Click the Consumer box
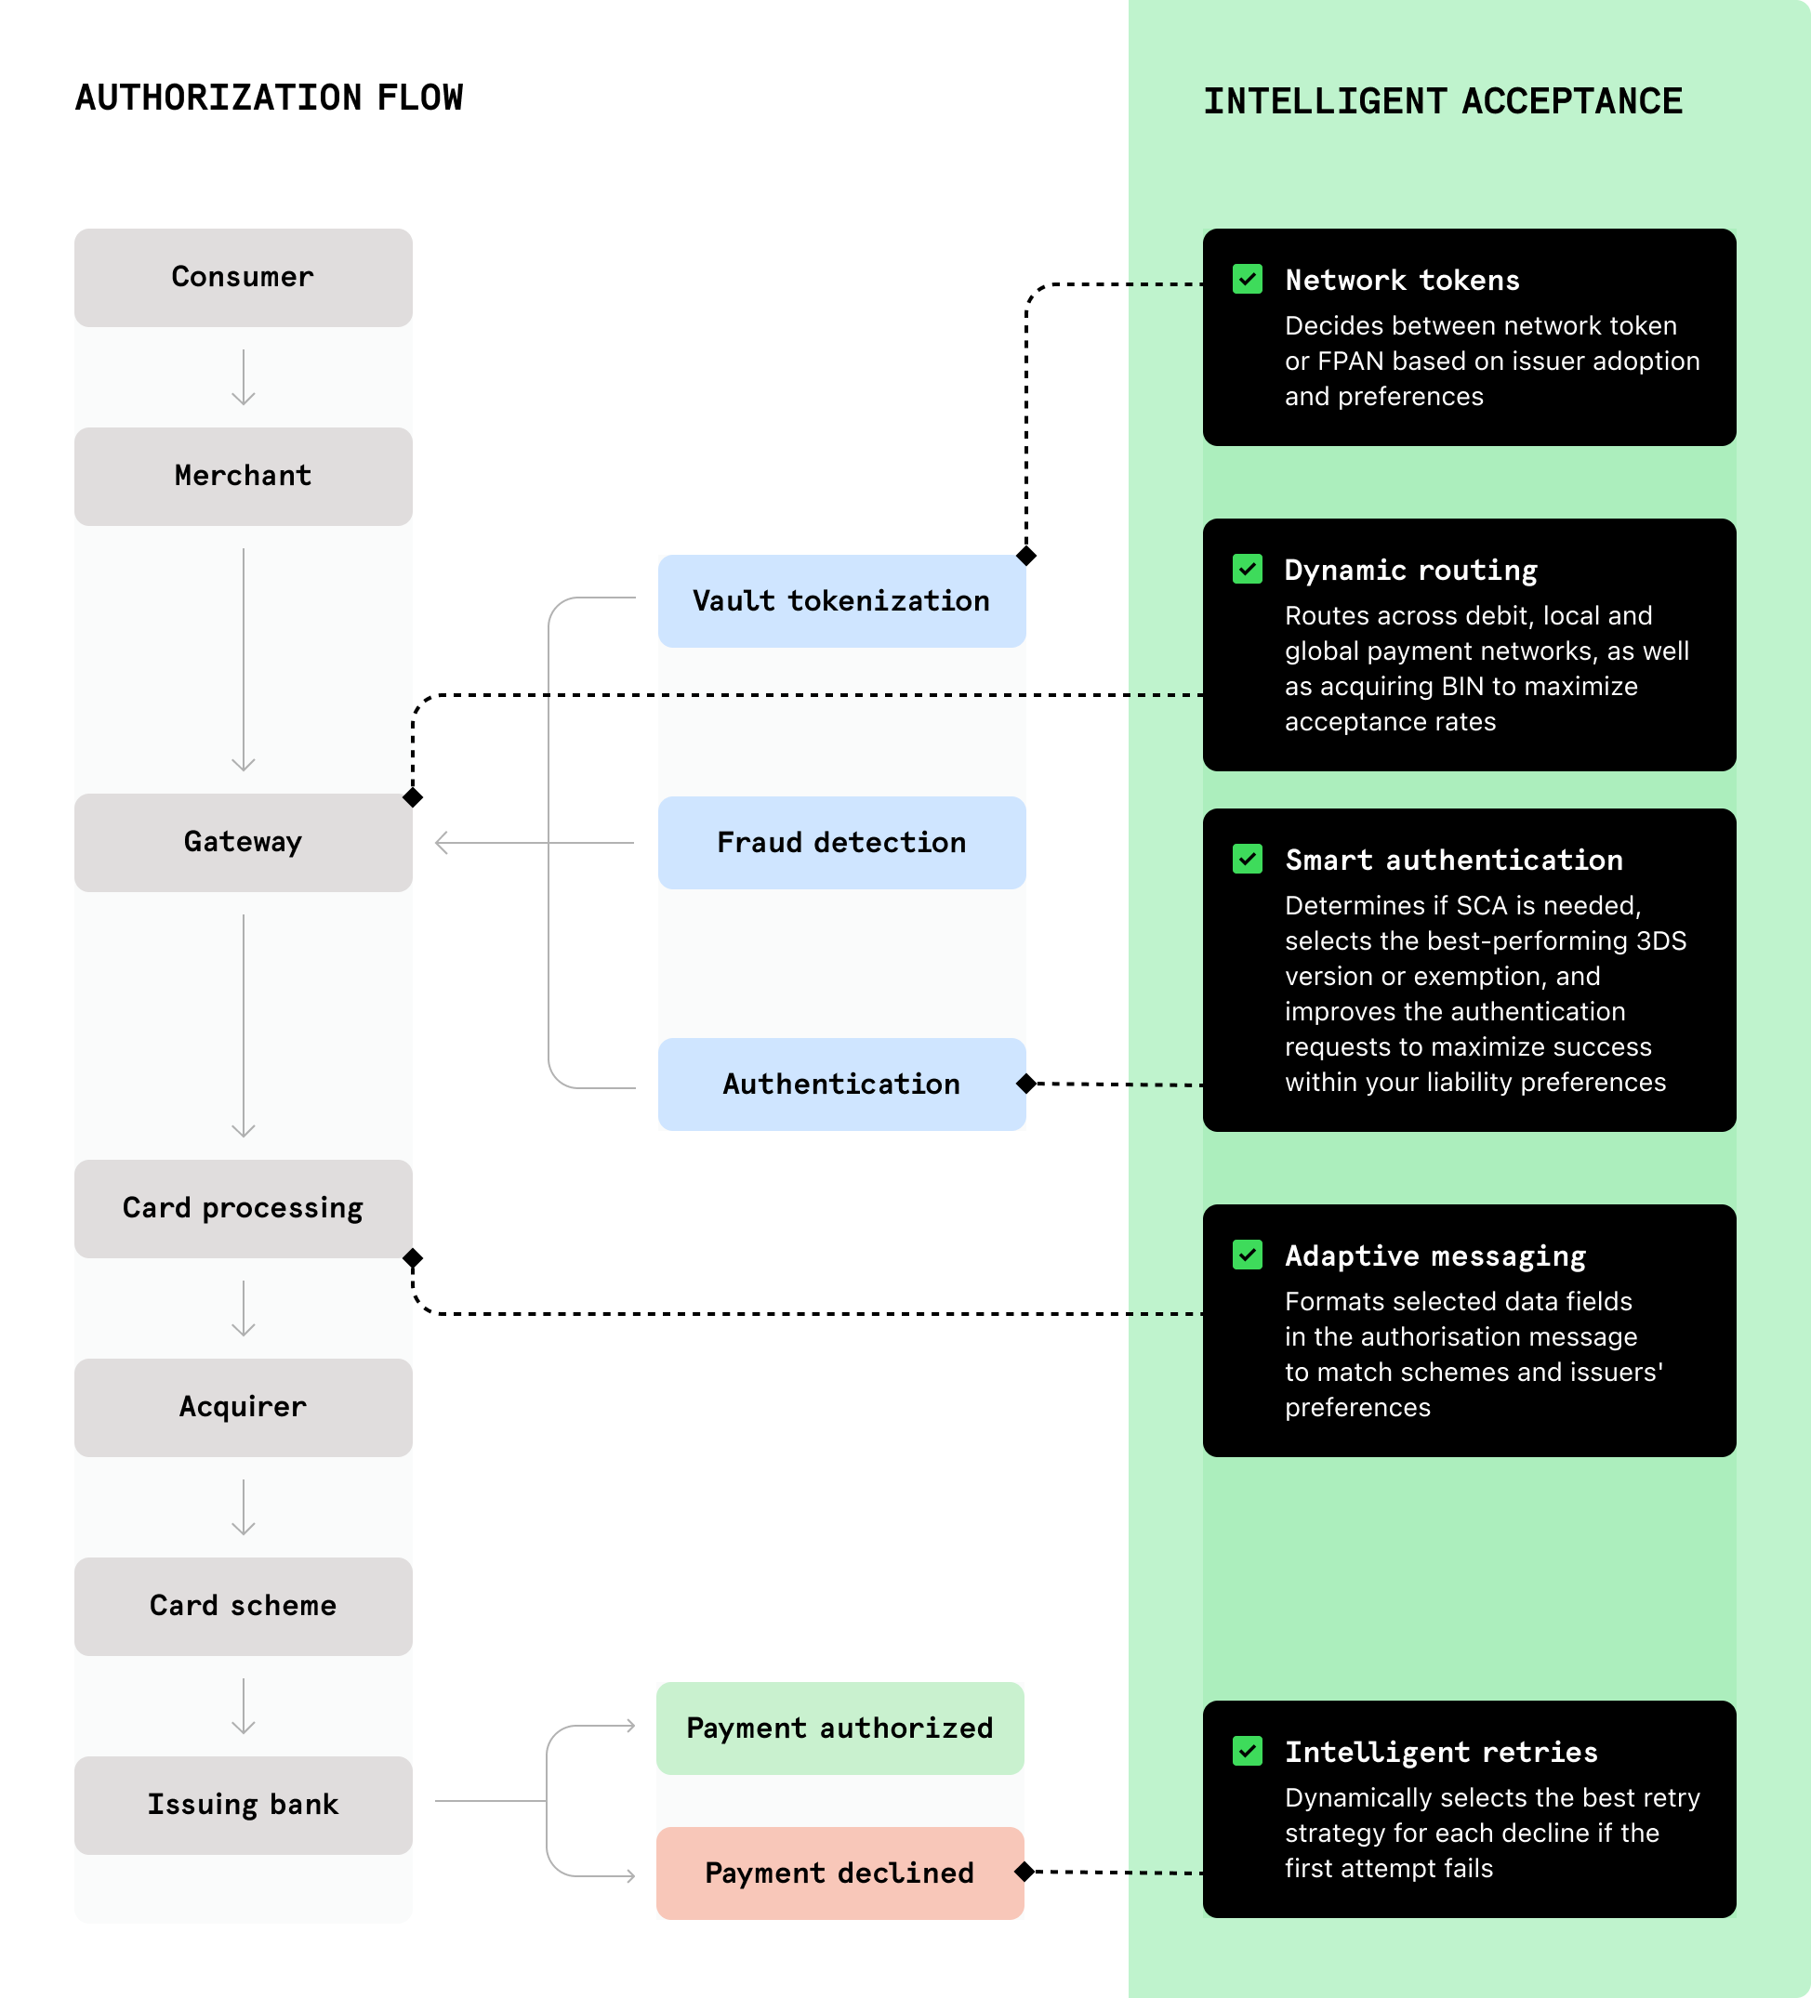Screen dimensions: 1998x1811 coord(243,278)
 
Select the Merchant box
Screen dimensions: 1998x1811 coord(243,477)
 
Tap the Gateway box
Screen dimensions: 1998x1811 coord(243,842)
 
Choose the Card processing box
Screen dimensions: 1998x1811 coord(243,1208)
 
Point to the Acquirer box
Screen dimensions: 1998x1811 coord(243,1407)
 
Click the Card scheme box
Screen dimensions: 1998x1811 coord(243,1606)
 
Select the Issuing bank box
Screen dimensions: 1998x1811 coord(243,1805)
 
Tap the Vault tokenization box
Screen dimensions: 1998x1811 coord(841,601)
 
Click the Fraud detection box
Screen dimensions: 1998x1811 coord(841,842)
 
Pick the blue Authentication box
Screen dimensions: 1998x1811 coord(841,1084)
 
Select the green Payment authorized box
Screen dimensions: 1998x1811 coord(839,1729)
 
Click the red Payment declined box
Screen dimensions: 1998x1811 coord(839,1873)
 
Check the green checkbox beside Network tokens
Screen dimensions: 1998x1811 coord(1247,280)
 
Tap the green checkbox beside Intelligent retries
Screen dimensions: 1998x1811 coord(1247,1751)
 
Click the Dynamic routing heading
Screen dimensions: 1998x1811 coord(1410,570)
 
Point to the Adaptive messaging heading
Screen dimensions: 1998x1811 coord(1435,1255)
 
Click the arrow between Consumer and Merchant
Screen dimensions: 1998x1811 coord(243,377)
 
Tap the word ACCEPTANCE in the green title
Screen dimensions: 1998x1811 coord(1572,101)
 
